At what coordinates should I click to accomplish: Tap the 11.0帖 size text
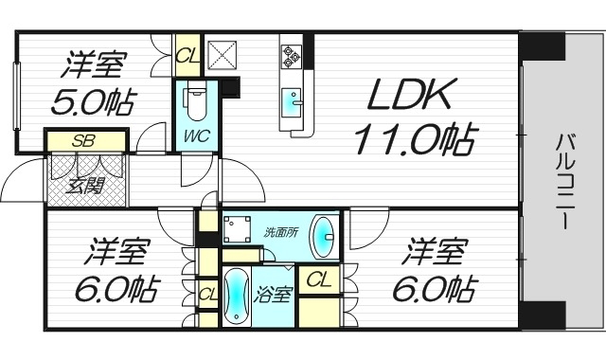[x=414, y=139]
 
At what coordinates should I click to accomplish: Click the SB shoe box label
[x=85, y=140]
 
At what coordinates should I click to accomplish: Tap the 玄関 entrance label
[x=85, y=185]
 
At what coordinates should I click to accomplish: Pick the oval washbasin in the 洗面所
[x=324, y=237]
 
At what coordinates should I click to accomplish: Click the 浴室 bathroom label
[x=276, y=293]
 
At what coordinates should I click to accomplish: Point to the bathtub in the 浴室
[x=236, y=297]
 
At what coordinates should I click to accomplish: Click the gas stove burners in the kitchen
[x=291, y=56]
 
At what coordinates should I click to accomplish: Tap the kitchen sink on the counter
[x=292, y=97]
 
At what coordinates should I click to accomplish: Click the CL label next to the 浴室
[x=320, y=280]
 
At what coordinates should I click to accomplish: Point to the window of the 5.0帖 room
[x=16, y=95]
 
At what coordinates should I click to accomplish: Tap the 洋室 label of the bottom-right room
[x=436, y=254]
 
